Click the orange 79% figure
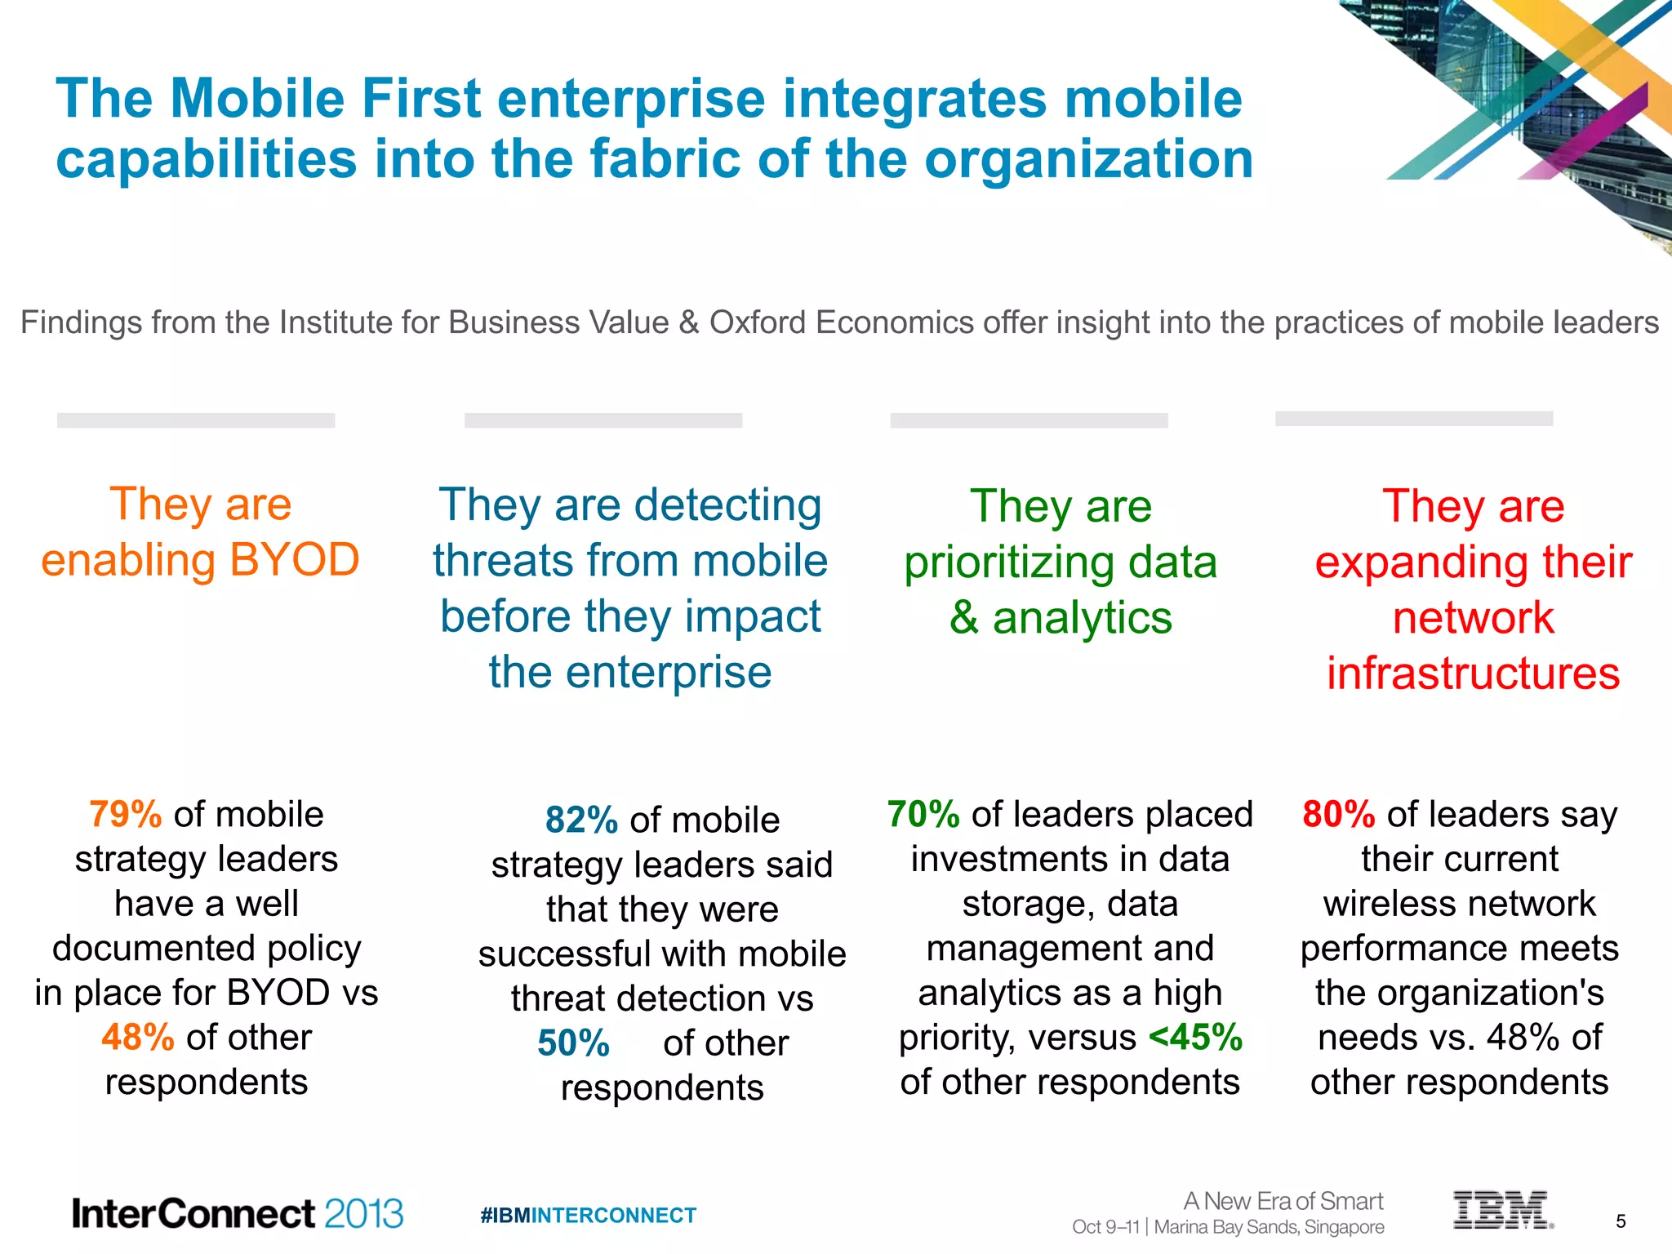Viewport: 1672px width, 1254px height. pyautogui.click(x=125, y=815)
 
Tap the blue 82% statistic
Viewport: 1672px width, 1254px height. pyautogui.click(x=581, y=820)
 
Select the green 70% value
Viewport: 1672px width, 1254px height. pyautogui.click(x=923, y=815)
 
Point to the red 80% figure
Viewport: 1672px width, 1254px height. pyautogui.click(x=1339, y=815)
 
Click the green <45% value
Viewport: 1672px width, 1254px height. pyautogui.click(x=1195, y=1038)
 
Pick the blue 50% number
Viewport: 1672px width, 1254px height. pyautogui.click(x=573, y=1043)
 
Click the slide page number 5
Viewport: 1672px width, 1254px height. pyautogui.click(x=1621, y=1221)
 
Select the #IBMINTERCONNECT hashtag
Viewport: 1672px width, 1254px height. pyautogui.click(x=588, y=1216)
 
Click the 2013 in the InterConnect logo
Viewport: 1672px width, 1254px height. pyautogui.click(x=363, y=1214)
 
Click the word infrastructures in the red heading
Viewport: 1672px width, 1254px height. pyautogui.click(x=1473, y=674)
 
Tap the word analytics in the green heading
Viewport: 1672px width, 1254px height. pyautogui.click(x=1082, y=618)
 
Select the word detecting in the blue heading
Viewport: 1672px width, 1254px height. pyautogui.click(x=727, y=505)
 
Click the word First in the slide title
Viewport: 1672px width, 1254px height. pyautogui.click(x=421, y=99)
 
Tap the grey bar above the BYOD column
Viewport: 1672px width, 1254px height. pyautogui.click(x=196, y=420)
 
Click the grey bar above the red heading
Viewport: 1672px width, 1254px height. pyautogui.click(x=1414, y=419)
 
